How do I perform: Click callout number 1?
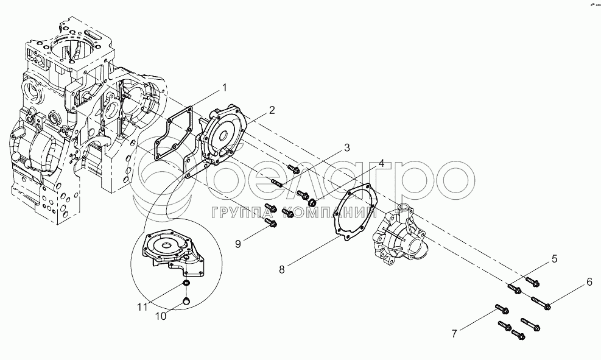click(224, 88)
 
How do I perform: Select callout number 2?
click(272, 110)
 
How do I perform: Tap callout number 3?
click(347, 148)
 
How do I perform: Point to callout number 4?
click(381, 164)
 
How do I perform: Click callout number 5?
click(554, 259)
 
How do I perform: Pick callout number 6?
click(589, 281)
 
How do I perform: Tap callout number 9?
click(239, 244)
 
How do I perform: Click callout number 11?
click(142, 308)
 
